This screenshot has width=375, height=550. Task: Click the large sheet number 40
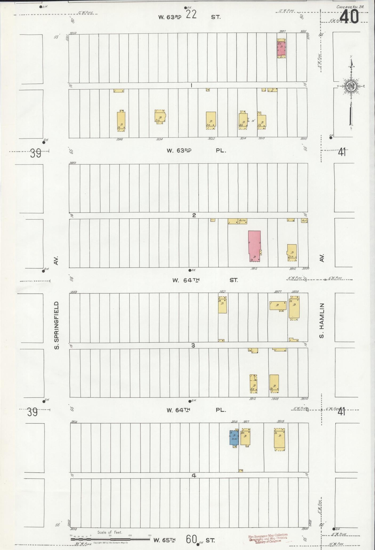pyautogui.click(x=349, y=18)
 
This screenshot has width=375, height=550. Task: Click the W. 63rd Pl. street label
pyautogui.click(x=196, y=150)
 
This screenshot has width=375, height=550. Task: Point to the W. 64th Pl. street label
pyautogui.click(x=196, y=410)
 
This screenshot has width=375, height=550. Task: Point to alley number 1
pyautogui.click(x=191, y=86)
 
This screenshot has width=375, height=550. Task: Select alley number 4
pyautogui.click(x=194, y=475)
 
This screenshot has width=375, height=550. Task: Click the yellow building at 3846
pyautogui.click(x=121, y=121)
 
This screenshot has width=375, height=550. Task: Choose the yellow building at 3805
pyautogui.click(x=279, y=439)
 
